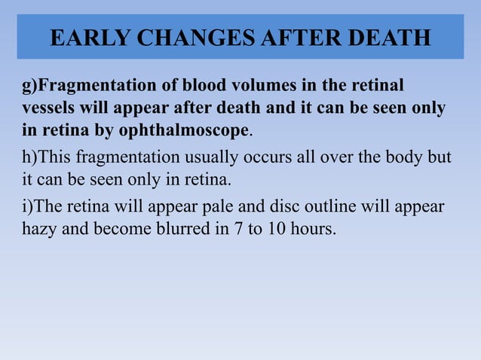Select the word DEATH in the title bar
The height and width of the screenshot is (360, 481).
pyautogui.click(x=387, y=37)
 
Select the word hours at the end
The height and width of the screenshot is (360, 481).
pyautogui.click(x=315, y=229)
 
